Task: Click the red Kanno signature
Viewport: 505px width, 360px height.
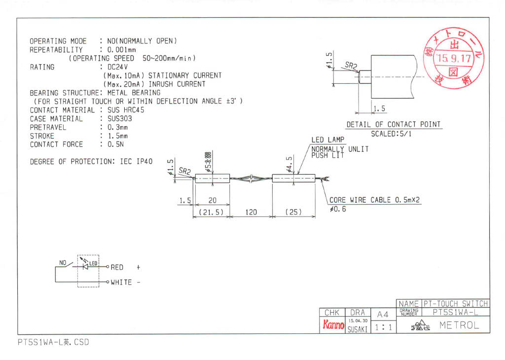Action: pos(333,324)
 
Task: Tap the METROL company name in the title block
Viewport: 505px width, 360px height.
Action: pos(459,325)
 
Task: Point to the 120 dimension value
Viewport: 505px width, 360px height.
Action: pos(252,212)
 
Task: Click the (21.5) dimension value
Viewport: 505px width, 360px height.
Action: pos(212,212)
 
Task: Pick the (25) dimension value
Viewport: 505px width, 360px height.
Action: pos(294,212)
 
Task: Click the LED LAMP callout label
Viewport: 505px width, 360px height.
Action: pos(328,141)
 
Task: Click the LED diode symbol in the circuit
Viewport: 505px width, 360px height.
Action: pos(86,266)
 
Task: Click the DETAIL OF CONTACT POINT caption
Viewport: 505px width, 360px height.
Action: pos(394,124)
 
